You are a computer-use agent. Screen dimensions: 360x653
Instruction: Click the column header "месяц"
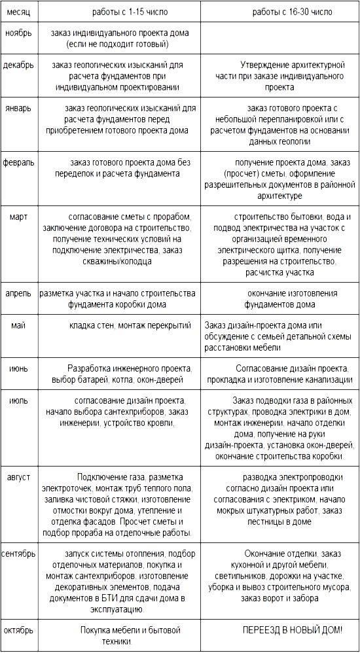tap(17, 12)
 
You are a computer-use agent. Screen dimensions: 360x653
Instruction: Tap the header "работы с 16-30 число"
tap(292, 12)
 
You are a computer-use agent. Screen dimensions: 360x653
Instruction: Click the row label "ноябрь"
tap(18, 33)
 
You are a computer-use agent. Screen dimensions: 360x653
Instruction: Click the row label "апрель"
tap(20, 294)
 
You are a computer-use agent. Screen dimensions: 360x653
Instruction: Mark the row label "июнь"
tap(19, 369)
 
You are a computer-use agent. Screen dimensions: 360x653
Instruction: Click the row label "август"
tap(18, 477)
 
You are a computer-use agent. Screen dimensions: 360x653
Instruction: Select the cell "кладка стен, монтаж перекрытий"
tap(130, 325)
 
